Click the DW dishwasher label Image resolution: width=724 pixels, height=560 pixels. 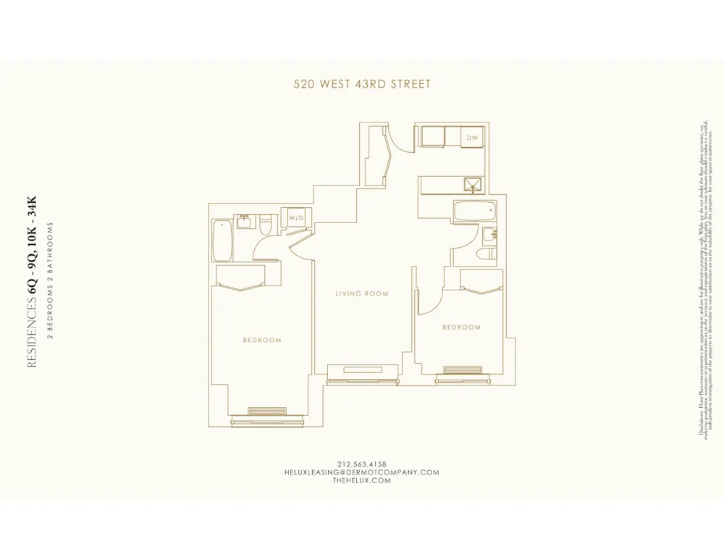(472, 138)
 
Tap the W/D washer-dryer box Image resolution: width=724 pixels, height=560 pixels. (297, 218)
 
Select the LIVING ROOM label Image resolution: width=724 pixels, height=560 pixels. (362, 294)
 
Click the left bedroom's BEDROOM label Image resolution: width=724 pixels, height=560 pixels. (262, 340)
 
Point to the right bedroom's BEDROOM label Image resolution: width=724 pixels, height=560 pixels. (461, 327)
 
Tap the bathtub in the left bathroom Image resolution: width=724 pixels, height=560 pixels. (222, 241)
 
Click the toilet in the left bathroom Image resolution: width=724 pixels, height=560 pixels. (266, 225)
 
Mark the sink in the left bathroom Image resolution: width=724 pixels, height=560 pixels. (245, 221)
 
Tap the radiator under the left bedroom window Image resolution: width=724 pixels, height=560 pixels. (267, 411)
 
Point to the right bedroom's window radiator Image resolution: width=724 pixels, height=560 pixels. (463, 369)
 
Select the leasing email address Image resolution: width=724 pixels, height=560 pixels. (362, 472)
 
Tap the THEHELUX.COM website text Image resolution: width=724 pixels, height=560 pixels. (362, 480)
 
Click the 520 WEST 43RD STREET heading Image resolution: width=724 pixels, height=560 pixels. (362, 84)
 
